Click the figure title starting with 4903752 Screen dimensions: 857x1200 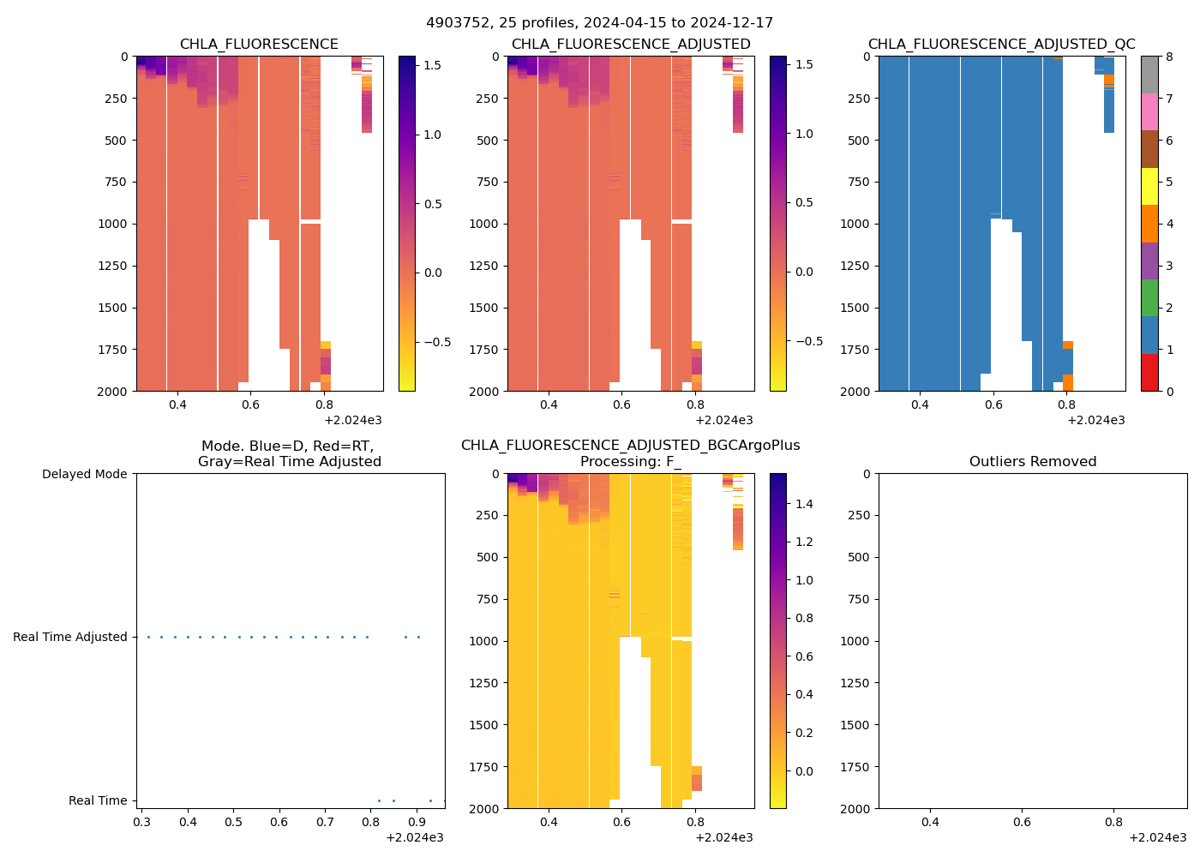[599, 23]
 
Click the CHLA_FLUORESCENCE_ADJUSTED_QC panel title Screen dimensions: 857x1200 [1001, 45]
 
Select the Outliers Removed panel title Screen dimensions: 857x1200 [1032, 462]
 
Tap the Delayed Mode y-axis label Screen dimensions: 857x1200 [84, 474]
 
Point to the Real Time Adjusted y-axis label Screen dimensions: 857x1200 [69, 637]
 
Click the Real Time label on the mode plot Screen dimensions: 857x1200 [98, 800]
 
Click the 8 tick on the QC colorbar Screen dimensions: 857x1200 [1169, 57]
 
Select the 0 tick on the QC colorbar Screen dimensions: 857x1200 [1169, 391]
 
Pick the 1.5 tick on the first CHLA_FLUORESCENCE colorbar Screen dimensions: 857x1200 [433, 65]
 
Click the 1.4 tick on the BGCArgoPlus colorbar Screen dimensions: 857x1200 [803, 504]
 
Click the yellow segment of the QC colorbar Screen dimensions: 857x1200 [1149, 187]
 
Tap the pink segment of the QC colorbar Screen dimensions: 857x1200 [1149, 112]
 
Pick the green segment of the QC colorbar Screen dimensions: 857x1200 [1149, 298]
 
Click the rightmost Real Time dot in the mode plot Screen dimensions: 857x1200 [444, 800]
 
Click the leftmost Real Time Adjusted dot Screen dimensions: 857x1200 [148, 637]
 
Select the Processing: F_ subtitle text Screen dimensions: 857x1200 [630, 462]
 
